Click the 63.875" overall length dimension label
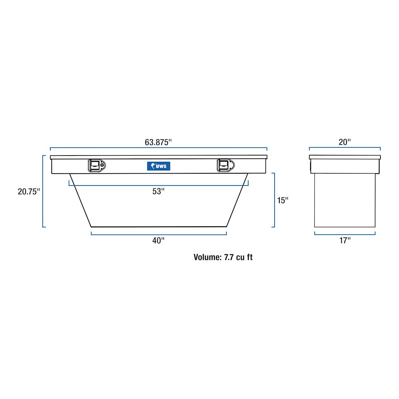[x=158, y=142]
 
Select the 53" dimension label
[x=158, y=191]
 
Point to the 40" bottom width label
[x=158, y=241]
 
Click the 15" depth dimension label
[x=283, y=200]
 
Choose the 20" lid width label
[x=344, y=142]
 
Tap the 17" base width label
[x=344, y=241]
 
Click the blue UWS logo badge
[x=158, y=166]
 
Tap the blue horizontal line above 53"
[x=158, y=185]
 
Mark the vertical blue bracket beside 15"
[x=274, y=200]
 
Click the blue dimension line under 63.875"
[x=158, y=148]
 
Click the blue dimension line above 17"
[x=344, y=234]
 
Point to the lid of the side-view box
[x=344, y=157]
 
